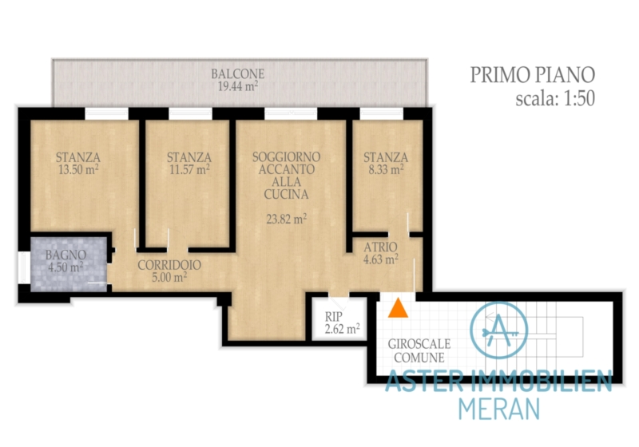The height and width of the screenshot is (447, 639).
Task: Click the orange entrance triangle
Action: click(398, 308)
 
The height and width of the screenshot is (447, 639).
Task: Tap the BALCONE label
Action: click(237, 74)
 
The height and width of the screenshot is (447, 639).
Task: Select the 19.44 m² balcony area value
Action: click(237, 86)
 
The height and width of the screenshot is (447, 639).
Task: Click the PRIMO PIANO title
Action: click(532, 75)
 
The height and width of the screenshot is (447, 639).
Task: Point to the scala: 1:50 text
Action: click(555, 98)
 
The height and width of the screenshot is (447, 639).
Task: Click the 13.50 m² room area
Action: click(78, 169)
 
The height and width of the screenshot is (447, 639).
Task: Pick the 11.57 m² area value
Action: click(189, 169)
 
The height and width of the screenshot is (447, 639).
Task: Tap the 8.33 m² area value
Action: click(386, 169)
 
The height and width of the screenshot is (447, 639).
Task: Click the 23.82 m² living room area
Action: click(287, 219)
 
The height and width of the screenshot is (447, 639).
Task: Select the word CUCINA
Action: click(286, 195)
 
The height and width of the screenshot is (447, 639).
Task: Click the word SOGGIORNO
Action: click(286, 156)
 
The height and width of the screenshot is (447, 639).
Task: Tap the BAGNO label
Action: click(65, 255)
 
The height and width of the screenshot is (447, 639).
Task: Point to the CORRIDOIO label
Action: click(169, 265)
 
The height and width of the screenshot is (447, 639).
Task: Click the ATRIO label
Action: click(380, 247)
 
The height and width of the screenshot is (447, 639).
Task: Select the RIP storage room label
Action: click(334, 317)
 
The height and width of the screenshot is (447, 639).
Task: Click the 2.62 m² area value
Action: click(342, 329)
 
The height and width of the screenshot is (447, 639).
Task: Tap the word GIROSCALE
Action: click(419, 344)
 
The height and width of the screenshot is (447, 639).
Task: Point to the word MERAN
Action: click(498, 409)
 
